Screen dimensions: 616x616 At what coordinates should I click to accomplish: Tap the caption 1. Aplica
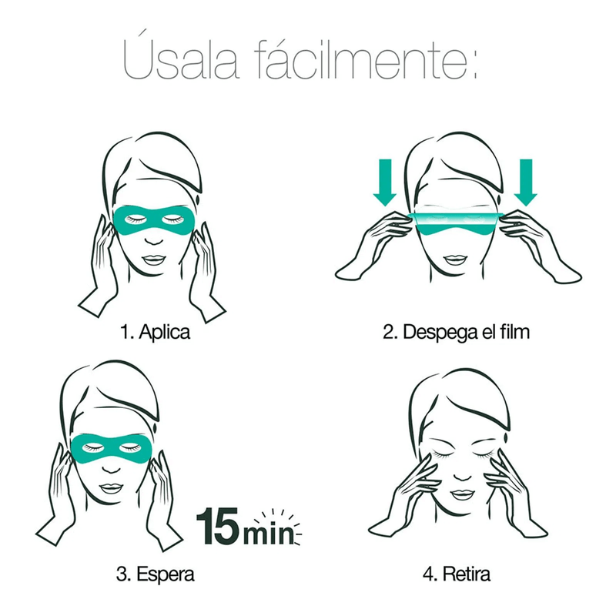(x=156, y=332)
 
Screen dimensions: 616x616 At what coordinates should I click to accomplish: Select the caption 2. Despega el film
(x=456, y=332)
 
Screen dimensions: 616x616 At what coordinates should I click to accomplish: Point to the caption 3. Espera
(x=156, y=574)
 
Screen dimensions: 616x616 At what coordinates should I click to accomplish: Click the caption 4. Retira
(x=457, y=574)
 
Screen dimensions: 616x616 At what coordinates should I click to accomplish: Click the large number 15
(x=217, y=526)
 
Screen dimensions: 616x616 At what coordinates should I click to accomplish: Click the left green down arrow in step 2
(x=384, y=182)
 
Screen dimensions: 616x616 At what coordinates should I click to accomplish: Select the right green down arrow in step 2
(x=526, y=182)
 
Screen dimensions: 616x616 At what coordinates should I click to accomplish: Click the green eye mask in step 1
(x=153, y=222)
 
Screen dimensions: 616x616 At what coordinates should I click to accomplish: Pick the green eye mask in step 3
(x=111, y=450)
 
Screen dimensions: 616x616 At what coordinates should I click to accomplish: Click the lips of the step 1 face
(x=152, y=259)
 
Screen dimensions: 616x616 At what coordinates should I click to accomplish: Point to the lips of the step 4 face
(x=460, y=494)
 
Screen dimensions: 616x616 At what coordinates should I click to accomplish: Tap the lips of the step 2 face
(x=455, y=259)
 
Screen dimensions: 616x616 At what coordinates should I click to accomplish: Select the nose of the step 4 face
(x=462, y=475)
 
